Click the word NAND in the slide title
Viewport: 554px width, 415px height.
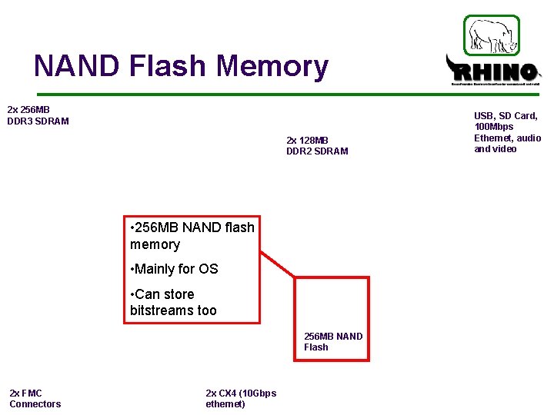tap(77, 67)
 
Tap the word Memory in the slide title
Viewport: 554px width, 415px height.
tap(272, 67)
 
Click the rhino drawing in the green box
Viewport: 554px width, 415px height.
tap(492, 35)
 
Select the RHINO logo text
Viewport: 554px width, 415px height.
tap(493, 73)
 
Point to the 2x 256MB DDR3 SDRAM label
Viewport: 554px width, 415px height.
tap(38, 115)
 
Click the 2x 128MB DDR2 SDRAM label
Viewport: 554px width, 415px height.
tap(317, 145)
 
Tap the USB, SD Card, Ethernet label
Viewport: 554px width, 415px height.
tap(507, 132)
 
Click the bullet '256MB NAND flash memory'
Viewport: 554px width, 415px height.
tap(192, 236)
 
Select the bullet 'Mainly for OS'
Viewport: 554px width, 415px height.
tap(175, 269)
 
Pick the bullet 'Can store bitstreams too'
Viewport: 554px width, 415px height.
tap(174, 302)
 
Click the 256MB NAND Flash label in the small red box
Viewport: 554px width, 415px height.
tap(332, 341)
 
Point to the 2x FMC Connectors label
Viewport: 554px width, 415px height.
tap(35, 398)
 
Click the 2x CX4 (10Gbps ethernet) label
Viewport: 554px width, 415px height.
tap(240, 398)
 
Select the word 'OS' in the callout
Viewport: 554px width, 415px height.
tap(209, 269)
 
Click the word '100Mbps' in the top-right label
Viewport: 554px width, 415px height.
tap(494, 127)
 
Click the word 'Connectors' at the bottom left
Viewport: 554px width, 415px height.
tap(35, 403)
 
